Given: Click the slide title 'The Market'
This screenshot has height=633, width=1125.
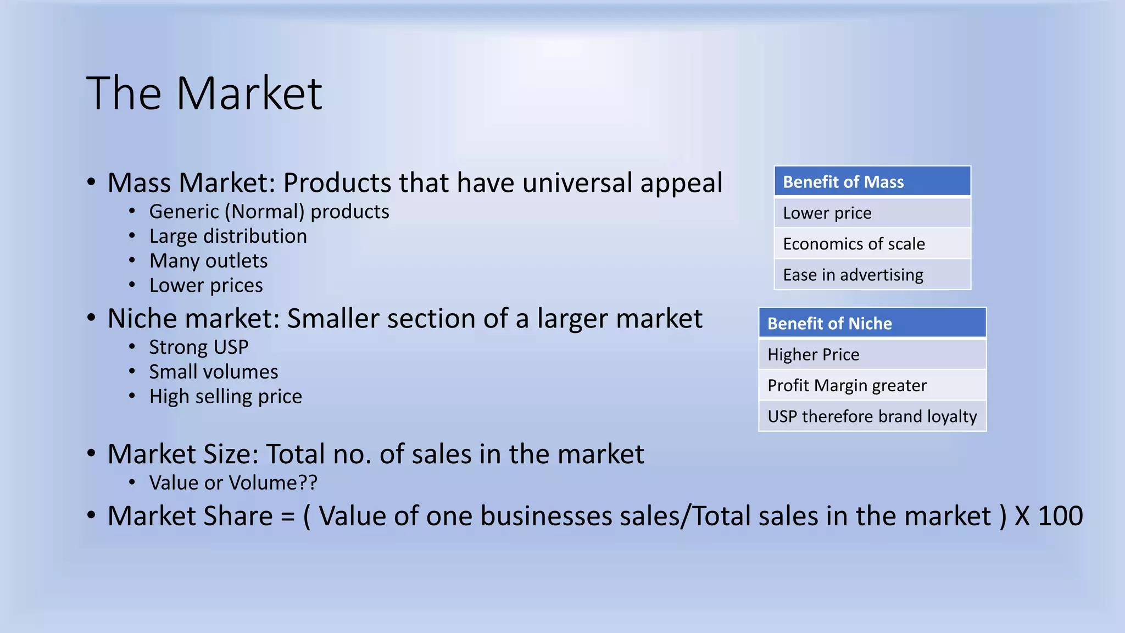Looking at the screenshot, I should pyautogui.click(x=204, y=93).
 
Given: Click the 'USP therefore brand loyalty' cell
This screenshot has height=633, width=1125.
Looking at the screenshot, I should pyautogui.click(x=872, y=417).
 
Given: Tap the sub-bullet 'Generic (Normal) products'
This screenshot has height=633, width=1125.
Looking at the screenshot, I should pyautogui.click(x=269, y=212).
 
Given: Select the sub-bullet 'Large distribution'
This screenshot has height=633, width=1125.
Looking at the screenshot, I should pyautogui.click(x=228, y=236).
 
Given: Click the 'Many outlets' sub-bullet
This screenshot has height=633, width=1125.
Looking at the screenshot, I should pyautogui.click(x=208, y=260).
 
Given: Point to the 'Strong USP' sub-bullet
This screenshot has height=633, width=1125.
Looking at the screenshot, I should pyautogui.click(x=199, y=347).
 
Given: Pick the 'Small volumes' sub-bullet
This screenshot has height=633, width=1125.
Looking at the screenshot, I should pyautogui.click(x=214, y=372).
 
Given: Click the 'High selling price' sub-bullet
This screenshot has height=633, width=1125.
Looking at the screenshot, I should pyautogui.click(x=225, y=396).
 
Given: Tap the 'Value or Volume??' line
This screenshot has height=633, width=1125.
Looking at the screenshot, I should pyautogui.click(x=233, y=483).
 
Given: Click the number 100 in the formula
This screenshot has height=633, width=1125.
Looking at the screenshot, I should pyautogui.click(x=1060, y=517).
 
